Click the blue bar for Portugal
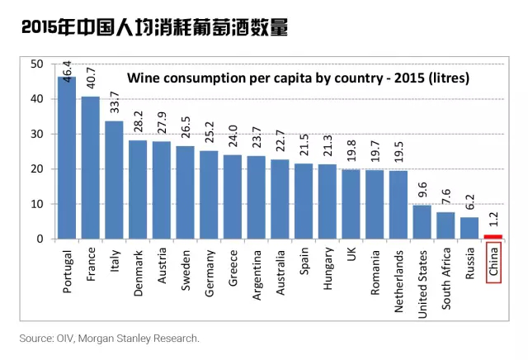click(x=67, y=158)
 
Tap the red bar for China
click(x=493, y=237)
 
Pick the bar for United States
click(x=422, y=222)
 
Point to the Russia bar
click(x=469, y=228)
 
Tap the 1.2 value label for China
click(x=493, y=220)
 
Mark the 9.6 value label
click(x=422, y=192)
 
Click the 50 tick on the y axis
click(x=36, y=64)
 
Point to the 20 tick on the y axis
click(x=36, y=168)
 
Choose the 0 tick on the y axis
click(x=40, y=239)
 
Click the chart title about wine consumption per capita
click(x=297, y=79)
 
